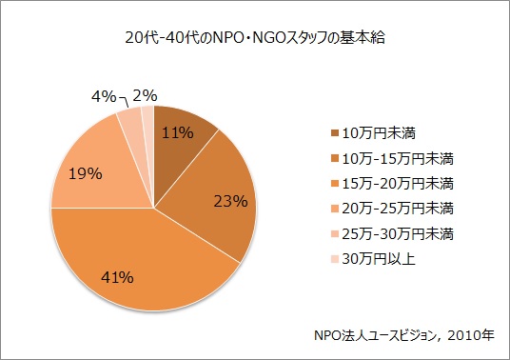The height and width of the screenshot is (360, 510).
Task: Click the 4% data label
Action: pos(104,96)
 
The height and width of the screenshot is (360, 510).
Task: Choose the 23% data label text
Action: pos(231,201)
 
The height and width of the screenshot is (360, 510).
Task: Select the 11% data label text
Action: pos(178,133)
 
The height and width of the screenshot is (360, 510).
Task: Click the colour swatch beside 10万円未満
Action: pos(333,132)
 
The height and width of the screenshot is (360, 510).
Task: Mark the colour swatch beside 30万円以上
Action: pos(333,256)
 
